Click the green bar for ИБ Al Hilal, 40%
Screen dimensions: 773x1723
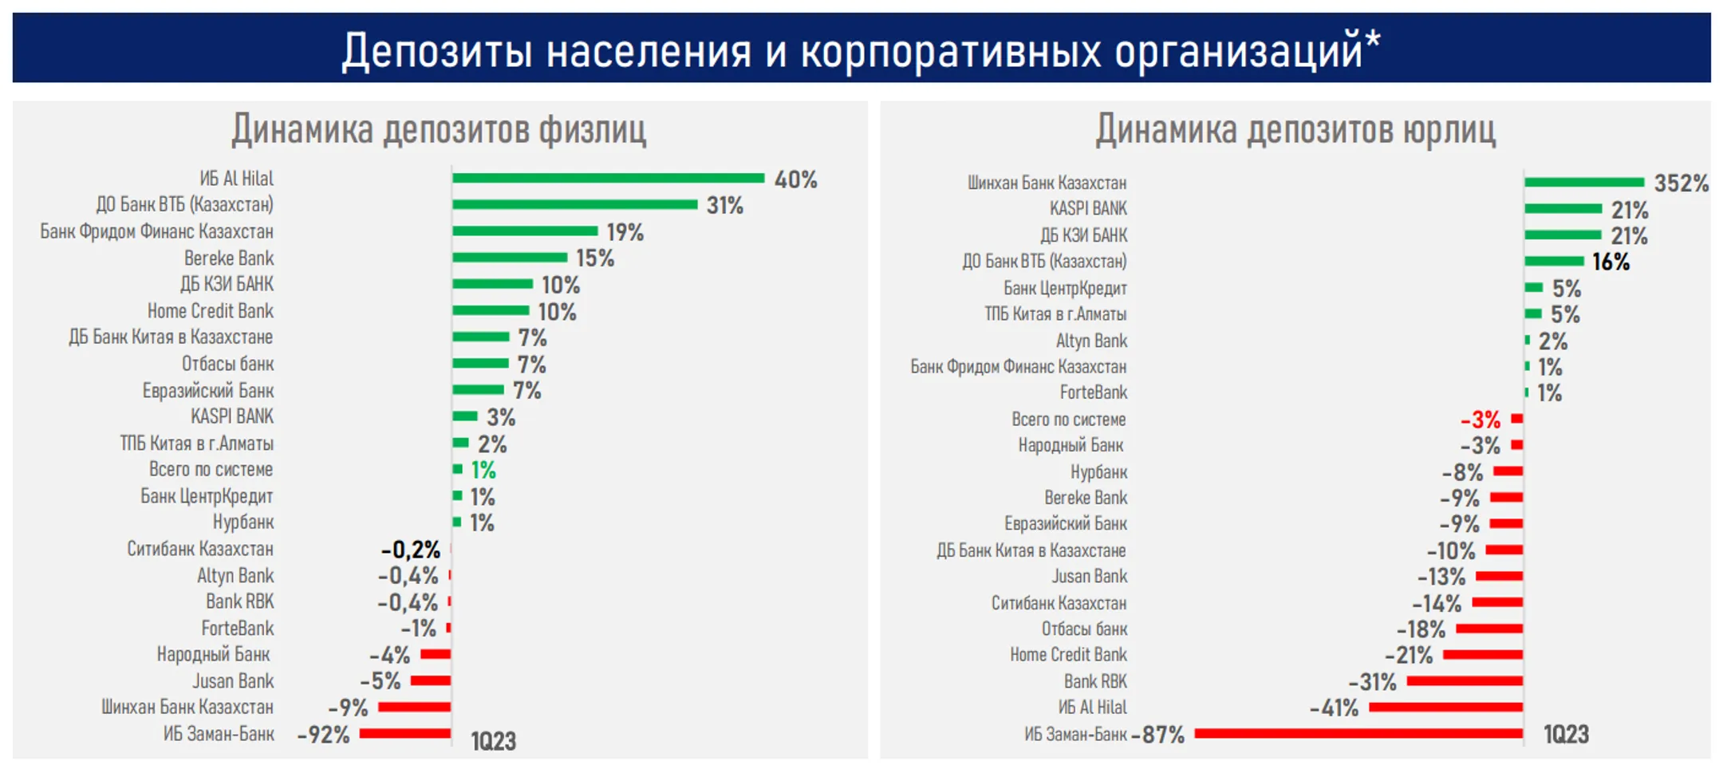(x=608, y=178)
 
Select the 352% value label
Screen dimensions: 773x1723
(x=1681, y=183)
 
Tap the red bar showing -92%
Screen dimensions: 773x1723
(x=405, y=733)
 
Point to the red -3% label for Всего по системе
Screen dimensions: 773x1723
(x=1481, y=420)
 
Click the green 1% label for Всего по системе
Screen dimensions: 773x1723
(x=483, y=470)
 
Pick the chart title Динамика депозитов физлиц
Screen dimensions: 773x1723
(x=439, y=129)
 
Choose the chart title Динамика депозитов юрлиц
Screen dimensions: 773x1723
(x=1295, y=129)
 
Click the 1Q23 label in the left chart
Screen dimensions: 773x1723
(x=493, y=741)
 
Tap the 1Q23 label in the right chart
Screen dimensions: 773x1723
(x=1566, y=735)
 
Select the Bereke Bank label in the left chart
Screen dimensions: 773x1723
(x=229, y=258)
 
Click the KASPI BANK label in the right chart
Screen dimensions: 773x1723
(x=1088, y=209)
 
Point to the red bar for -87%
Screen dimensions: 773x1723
(x=1358, y=733)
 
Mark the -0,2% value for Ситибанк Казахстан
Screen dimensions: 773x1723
(x=411, y=550)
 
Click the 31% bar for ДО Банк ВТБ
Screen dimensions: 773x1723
(x=574, y=204)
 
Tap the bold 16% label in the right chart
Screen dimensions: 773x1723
(x=1611, y=262)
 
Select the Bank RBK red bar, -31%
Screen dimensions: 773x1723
(x=1465, y=680)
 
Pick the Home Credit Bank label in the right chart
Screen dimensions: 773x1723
(x=1068, y=655)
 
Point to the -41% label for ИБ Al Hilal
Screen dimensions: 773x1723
(x=1334, y=708)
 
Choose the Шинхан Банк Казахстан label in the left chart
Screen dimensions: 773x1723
(x=187, y=707)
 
